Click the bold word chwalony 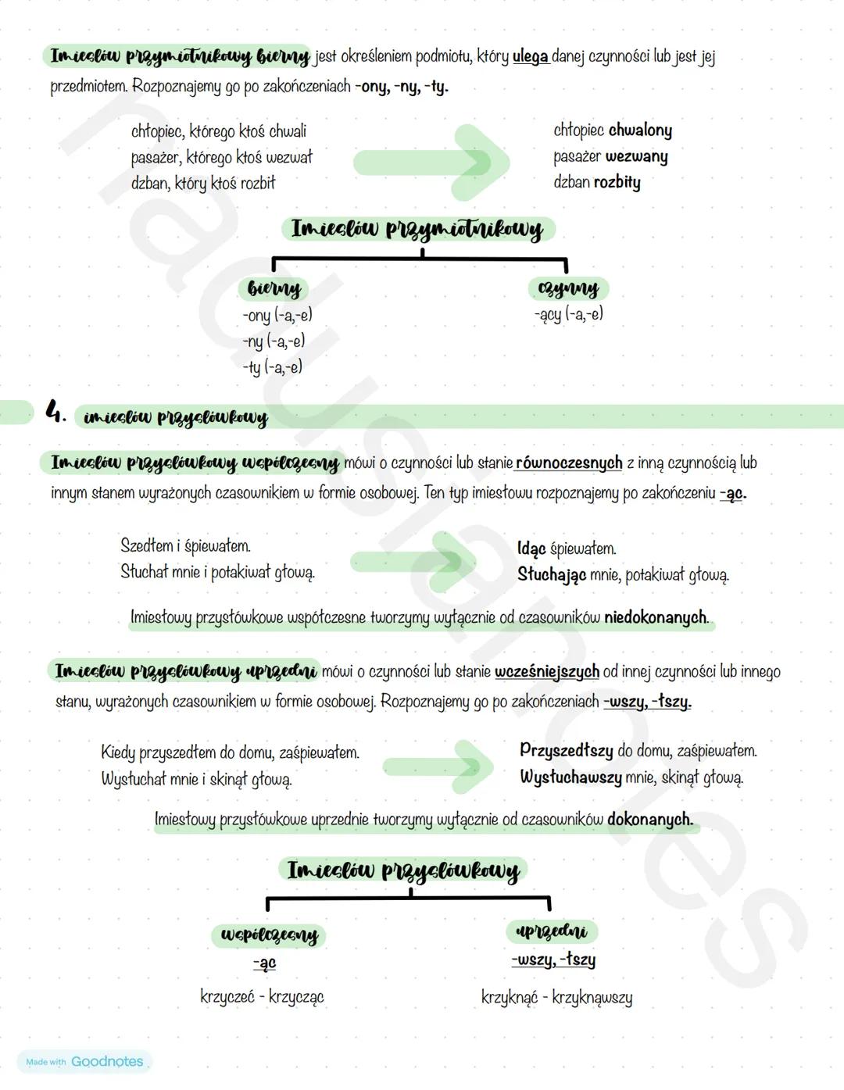[640, 130]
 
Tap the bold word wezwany [637, 156]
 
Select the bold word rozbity [617, 182]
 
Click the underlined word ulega [531, 56]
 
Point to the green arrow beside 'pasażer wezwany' [432, 162]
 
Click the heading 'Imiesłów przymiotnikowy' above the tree [417, 229]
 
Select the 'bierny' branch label [274, 288]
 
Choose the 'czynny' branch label [568, 288]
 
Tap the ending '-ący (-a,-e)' [569, 314]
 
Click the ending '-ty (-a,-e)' [272, 366]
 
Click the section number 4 [55, 411]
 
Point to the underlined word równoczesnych [569, 463]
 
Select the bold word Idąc [531, 549]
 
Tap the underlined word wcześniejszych [547, 671]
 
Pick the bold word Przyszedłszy [567, 750]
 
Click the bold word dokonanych [649, 819]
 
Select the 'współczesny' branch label [269, 935]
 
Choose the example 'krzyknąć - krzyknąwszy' [556, 997]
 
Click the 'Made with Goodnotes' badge [84, 1061]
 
